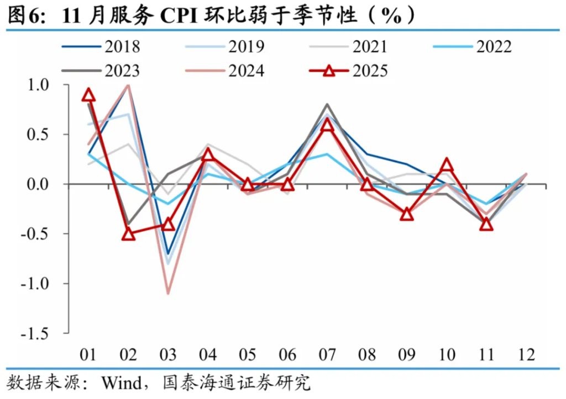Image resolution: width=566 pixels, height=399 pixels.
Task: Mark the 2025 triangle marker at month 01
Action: coord(89,95)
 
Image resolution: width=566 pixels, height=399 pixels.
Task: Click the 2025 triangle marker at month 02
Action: coord(129,234)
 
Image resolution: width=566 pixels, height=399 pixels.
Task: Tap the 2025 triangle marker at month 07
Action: coord(327,125)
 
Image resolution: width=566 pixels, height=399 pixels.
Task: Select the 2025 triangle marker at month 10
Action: coord(446,164)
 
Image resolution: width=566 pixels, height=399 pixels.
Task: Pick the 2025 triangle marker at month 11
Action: coord(486,224)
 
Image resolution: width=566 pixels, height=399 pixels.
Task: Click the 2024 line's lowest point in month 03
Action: coord(168,293)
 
